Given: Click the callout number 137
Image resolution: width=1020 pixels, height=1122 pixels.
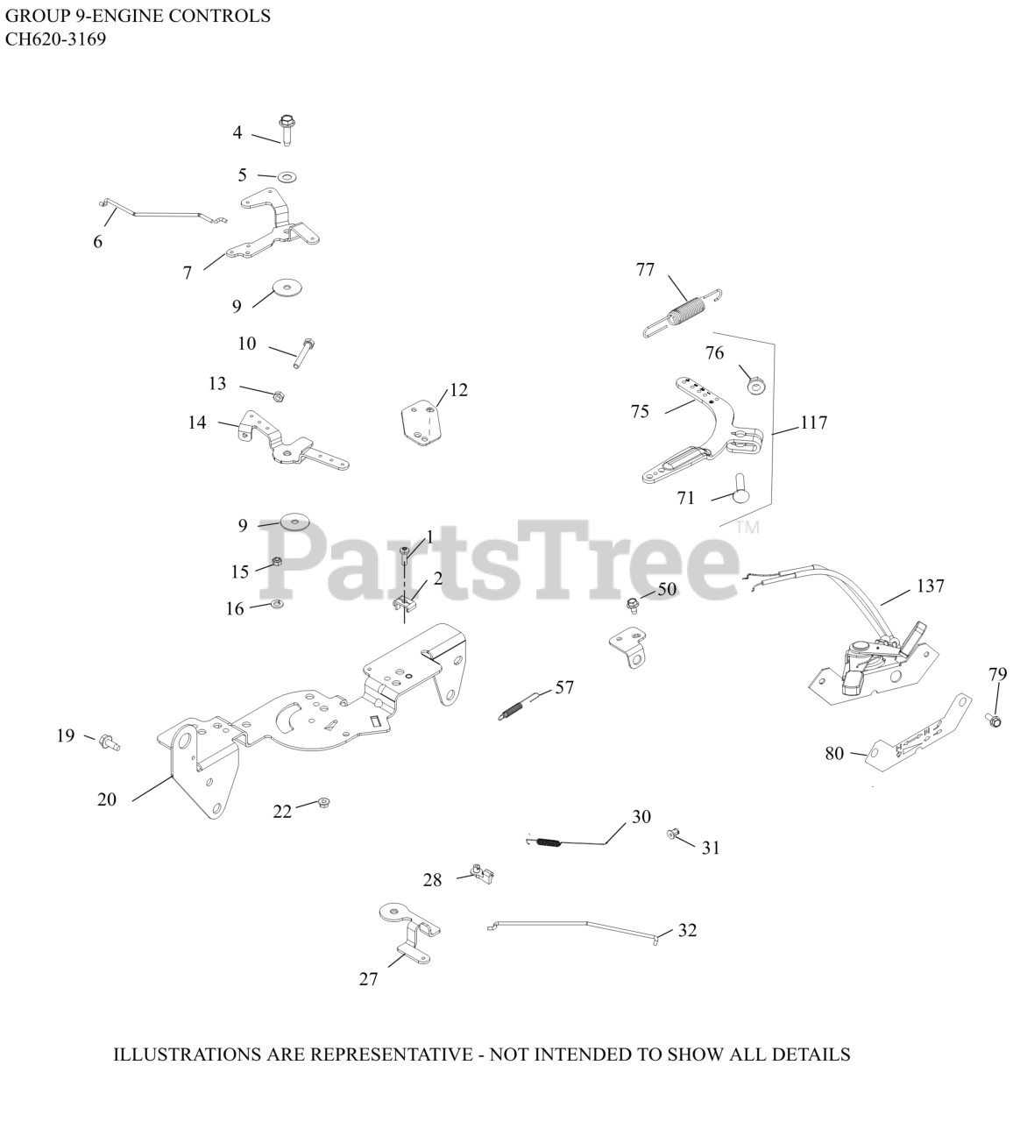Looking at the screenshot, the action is click(x=930, y=586).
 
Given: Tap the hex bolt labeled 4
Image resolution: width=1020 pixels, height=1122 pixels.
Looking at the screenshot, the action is click(x=287, y=131).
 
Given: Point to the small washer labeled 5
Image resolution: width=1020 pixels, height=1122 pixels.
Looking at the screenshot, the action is click(x=287, y=177).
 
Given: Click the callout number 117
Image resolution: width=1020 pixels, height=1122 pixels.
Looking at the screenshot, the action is click(x=814, y=423).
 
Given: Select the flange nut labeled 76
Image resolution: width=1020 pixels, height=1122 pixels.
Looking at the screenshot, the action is click(x=756, y=387).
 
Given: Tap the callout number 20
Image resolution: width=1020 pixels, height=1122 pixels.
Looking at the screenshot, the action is click(x=107, y=799).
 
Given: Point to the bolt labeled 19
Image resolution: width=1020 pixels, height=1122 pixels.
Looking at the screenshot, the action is click(x=110, y=743).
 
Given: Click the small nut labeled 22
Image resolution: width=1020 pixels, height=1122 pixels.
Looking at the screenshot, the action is click(x=322, y=803).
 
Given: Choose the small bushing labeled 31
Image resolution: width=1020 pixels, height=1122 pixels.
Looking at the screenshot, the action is click(x=673, y=835).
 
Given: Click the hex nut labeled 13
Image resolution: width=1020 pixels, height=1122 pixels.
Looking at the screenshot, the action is click(x=278, y=396).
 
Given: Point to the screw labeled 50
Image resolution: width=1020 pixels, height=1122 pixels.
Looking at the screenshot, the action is click(x=633, y=604).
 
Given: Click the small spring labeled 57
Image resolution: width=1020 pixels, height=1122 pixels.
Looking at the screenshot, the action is click(x=520, y=707).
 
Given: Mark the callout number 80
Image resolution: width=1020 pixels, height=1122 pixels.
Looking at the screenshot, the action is click(x=834, y=754).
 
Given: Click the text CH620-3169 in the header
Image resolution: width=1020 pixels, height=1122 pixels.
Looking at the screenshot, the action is click(x=55, y=39).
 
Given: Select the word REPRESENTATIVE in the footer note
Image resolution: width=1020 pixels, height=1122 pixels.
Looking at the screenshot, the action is click(x=391, y=1055).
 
